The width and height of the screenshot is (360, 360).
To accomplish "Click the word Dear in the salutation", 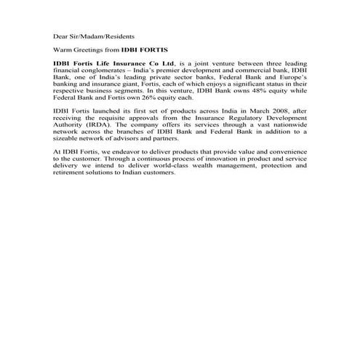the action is (60, 35).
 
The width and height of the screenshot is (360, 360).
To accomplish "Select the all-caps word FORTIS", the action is (153, 49).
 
